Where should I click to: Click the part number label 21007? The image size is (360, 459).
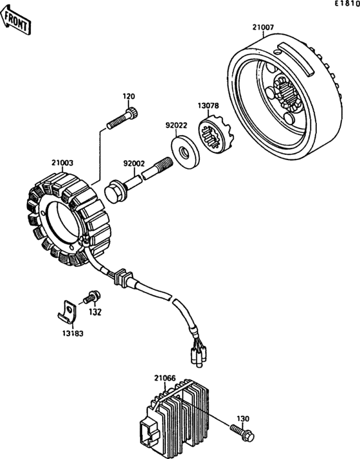tap(263, 28)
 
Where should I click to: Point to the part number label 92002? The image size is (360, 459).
tap(134, 165)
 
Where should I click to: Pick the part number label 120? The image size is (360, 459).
tap(129, 96)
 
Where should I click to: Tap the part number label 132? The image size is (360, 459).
tap(94, 312)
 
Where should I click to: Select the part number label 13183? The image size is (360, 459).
tap(73, 334)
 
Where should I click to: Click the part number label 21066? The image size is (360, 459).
tap(165, 379)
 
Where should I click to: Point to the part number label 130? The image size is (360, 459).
tap(243, 419)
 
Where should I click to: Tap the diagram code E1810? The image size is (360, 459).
tap(346, 5)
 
